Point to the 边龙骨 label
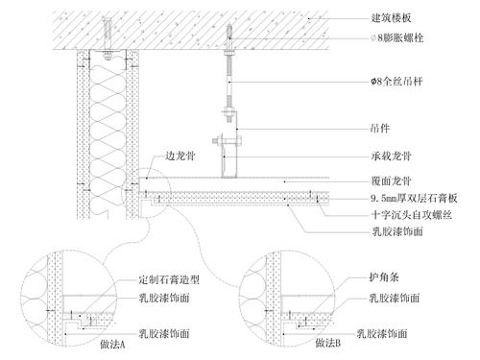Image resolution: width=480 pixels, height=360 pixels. point(180,155)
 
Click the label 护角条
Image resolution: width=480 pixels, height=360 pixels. point(381,278)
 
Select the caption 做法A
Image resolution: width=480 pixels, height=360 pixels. point(112,345)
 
